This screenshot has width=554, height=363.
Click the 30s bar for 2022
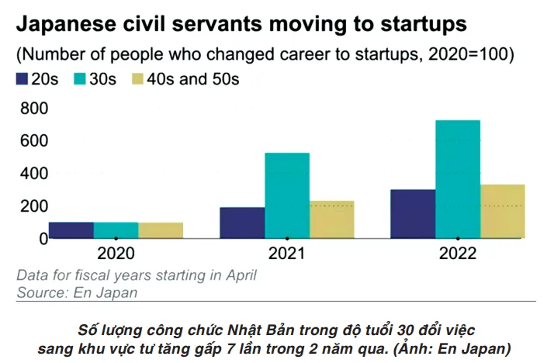458,179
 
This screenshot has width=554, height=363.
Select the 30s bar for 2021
287,195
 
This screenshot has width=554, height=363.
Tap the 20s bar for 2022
413,214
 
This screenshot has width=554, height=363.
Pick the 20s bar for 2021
242,223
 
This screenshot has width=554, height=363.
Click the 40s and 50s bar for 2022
503,211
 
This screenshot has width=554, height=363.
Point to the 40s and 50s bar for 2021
332,220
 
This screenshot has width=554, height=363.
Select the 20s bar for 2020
71,230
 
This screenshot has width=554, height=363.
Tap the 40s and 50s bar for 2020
161,230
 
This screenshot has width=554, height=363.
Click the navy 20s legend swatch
23,79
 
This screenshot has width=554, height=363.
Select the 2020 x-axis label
116,254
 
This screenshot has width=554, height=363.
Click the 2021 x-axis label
286,254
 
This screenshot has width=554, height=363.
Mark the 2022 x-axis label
458,254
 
